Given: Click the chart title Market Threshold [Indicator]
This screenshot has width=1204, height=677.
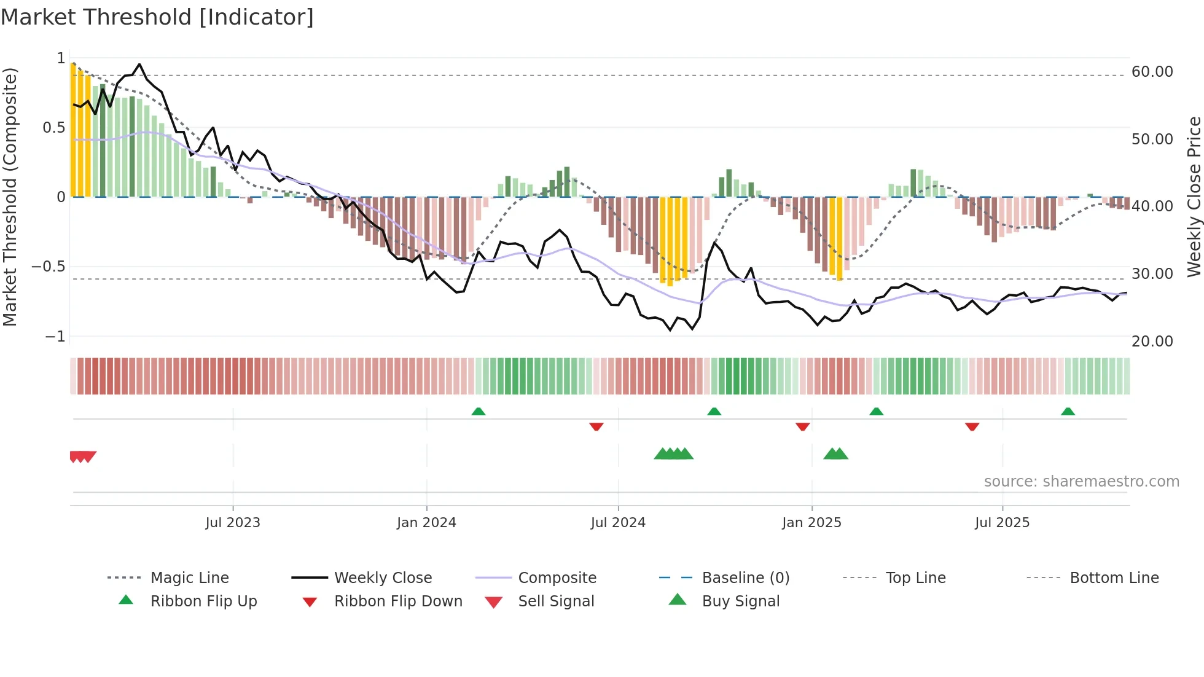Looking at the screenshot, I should tap(157, 17).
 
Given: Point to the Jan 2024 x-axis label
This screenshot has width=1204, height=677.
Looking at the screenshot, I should tap(426, 523).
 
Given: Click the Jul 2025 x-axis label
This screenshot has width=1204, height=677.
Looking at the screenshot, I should tap(1002, 523).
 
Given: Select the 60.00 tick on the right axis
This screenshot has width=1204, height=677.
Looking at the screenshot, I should tap(1152, 72).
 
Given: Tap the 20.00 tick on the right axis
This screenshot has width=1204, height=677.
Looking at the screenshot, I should tap(1152, 342).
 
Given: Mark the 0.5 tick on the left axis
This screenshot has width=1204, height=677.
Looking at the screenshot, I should tap(53, 128).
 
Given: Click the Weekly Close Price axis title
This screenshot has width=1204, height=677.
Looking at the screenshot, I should tap(1194, 197).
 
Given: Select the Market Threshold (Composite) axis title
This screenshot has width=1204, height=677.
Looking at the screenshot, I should tap(10, 197).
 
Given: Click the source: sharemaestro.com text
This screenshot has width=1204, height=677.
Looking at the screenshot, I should tap(1081, 482).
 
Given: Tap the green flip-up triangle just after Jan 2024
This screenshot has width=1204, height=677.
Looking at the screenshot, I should tap(479, 412).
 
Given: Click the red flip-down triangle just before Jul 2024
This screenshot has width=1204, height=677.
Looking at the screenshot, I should tap(596, 426).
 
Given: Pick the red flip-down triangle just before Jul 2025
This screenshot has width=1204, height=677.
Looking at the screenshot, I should tap(972, 426).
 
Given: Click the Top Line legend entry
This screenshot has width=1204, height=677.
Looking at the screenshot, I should tap(915, 578).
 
